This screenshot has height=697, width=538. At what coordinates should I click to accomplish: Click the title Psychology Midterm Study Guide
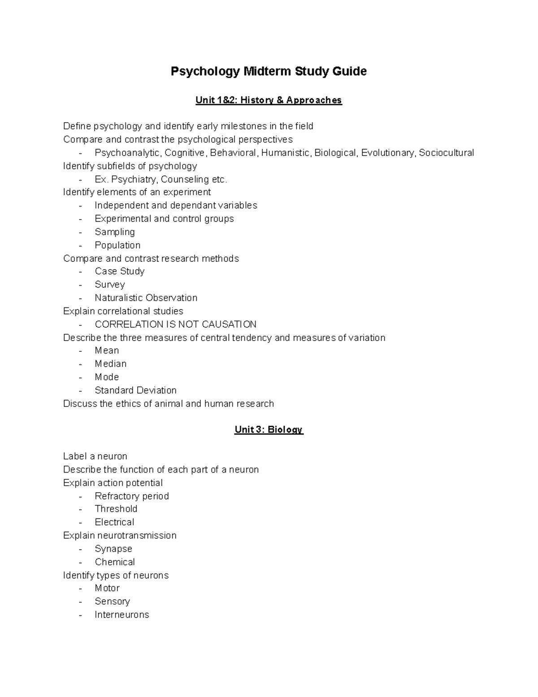point(269,71)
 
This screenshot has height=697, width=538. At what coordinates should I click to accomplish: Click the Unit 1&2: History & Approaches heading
point(269,100)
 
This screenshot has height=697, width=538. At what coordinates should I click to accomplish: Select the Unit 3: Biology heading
point(269,430)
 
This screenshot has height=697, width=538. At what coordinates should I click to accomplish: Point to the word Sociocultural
point(446,153)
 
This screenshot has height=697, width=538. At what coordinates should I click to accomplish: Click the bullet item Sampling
point(115,232)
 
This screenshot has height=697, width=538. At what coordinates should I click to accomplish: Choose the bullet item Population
point(117,245)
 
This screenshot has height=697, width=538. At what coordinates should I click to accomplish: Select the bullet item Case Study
point(119,272)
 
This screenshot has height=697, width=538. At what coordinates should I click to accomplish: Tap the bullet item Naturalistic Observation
point(146,298)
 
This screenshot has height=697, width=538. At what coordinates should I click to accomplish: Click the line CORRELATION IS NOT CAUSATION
point(175,324)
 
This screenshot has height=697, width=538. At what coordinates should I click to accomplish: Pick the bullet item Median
point(110,364)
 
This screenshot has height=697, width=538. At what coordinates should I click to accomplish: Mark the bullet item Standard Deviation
point(135,390)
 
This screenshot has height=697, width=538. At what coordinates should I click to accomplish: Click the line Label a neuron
point(95,456)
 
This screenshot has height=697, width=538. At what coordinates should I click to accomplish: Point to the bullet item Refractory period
point(132,496)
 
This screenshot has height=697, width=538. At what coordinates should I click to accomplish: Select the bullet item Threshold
point(116,509)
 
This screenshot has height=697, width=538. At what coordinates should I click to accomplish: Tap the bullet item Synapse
point(113,549)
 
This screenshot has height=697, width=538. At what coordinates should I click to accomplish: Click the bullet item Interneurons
point(121,615)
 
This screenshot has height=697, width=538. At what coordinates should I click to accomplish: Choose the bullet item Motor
point(107,588)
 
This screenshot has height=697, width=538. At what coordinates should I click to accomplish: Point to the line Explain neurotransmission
point(120,535)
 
